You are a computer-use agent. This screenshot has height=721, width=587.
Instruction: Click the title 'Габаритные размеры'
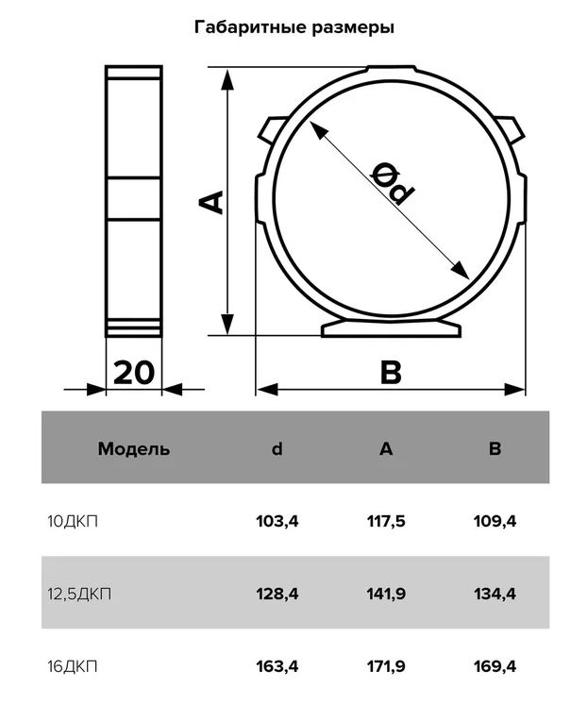pyautogui.click(x=293, y=27)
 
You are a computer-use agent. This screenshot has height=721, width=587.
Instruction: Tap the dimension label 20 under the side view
pyautogui.click(x=134, y=373)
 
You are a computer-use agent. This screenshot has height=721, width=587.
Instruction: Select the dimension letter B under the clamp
pyautogui.click(x=391, y=372)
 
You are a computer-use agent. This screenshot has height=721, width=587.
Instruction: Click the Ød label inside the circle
pyautogui.click(x=393, y=183)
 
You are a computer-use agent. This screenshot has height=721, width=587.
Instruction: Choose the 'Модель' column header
pyautogui.click(x=134, y=448)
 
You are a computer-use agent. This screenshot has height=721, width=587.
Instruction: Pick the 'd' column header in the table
pyautogui.click(x=277, y=448)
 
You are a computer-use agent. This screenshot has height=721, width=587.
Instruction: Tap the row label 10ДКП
pyautogui.click(x=73, y=522)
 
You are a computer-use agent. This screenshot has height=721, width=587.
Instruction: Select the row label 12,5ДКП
pyautogui.click(x=79, y=595)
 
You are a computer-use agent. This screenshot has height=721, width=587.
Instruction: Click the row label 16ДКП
pyautogui.click(x=73, y=666)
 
